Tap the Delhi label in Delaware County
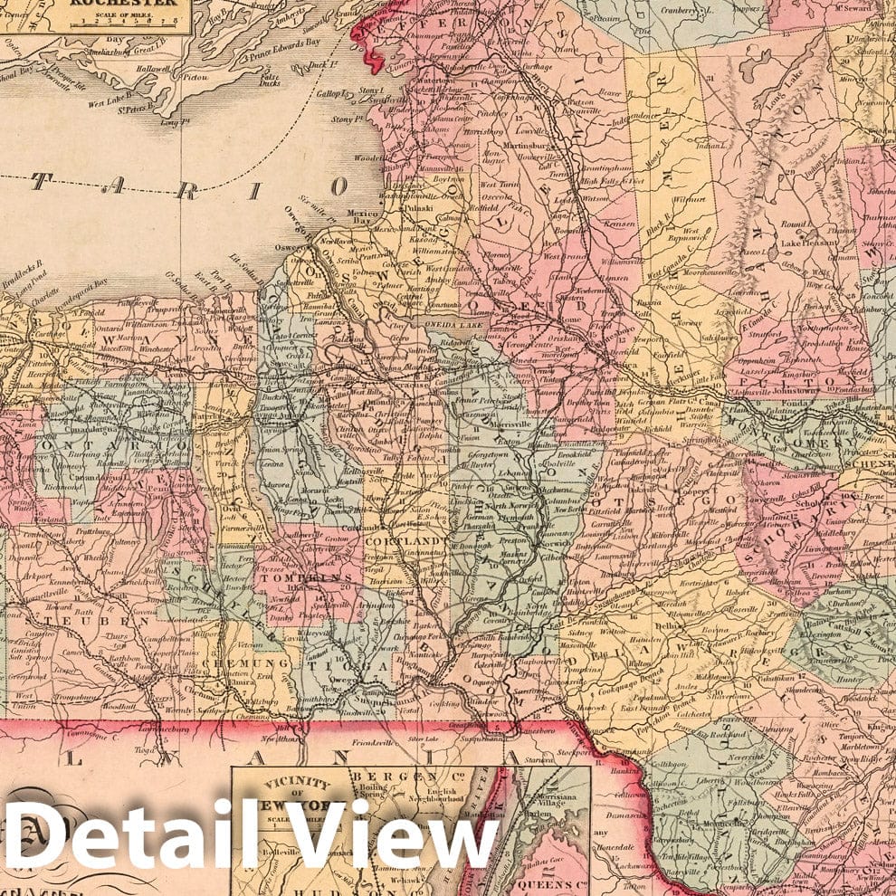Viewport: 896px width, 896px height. pos(669,625)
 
